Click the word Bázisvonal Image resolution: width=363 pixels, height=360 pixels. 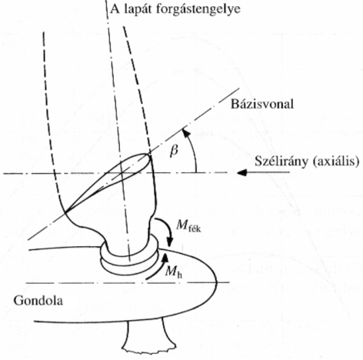(262, 105)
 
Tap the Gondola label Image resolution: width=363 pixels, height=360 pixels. (38, 300)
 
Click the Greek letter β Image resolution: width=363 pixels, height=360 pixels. (174, 150)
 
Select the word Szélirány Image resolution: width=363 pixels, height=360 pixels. (281, 162)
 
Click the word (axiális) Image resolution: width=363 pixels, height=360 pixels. (335, 162)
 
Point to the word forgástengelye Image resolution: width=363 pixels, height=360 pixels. (198, 9)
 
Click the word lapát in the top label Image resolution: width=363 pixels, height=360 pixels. (138, 9)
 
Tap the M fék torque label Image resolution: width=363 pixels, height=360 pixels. (188, 225)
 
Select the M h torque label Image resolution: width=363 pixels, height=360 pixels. (174, 272)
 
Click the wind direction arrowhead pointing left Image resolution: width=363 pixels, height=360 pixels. (241, 172)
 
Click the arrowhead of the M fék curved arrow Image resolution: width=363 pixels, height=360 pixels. (170, 242)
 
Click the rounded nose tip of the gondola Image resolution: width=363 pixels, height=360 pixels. (217, 282)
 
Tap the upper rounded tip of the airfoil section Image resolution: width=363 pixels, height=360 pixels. (148, 155)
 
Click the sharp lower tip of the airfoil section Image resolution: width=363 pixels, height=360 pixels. (66, 212)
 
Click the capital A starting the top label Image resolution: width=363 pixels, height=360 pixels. (115, 8)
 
